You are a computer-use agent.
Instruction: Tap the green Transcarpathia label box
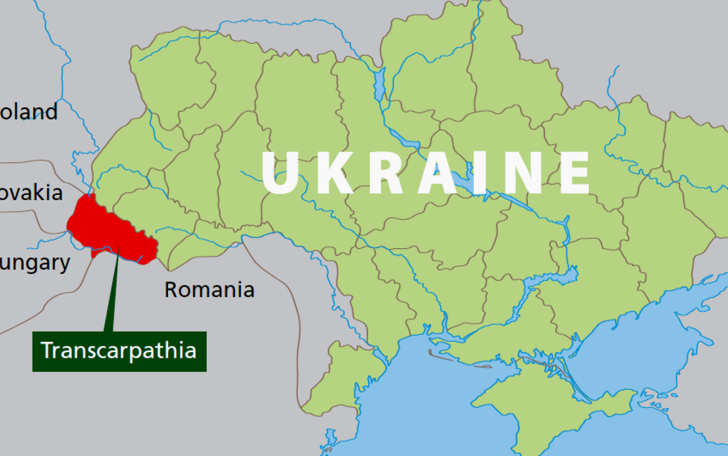[x=119, y=352]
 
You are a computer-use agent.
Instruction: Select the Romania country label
[x=209, y=290]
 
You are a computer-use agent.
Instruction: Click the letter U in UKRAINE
[x=282, y=173]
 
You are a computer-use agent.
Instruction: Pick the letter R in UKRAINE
[x=385, y=173]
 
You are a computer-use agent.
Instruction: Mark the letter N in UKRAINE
[x=522, y=173]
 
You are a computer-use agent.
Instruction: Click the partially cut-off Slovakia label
[x=31, y=193]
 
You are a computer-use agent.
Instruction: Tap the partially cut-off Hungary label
[x=34, y=263]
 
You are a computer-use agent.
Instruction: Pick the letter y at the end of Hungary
[x=64, y=265]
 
